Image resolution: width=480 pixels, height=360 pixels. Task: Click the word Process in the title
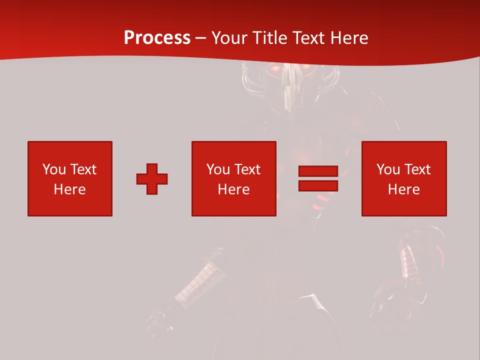(x=157, y=38)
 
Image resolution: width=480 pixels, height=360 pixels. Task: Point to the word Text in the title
(x=309, y=38)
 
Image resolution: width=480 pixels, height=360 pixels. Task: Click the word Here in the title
(x=350, y=38)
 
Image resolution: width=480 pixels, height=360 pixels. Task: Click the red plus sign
(x=152, y=179)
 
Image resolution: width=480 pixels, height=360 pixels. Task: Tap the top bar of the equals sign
(x=318, y=171)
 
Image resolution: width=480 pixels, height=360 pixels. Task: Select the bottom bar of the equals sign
(x=318, y=185)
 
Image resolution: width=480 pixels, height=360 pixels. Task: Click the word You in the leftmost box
(x=53, y=169)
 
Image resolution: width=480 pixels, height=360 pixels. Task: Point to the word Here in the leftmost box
(x=69, y=189)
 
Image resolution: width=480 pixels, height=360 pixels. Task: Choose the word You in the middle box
(x=217, y=169)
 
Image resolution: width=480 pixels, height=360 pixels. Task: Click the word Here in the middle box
(x=233, y=189)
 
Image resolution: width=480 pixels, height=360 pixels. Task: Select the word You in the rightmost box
(x=387, y=169)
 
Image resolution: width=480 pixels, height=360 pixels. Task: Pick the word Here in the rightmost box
(x=403, y=189)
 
